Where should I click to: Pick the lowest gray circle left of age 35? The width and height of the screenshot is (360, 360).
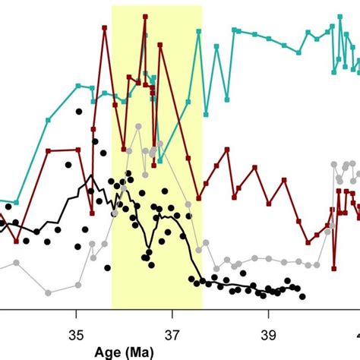pos(48,292)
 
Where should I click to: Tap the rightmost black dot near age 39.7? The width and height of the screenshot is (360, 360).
pos(302,297)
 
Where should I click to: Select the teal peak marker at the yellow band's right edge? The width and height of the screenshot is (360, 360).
pos(199,31)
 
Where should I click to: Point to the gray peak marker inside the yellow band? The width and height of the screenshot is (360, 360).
pos(138,127)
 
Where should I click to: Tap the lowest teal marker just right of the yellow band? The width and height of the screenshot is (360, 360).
pos(228,99)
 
